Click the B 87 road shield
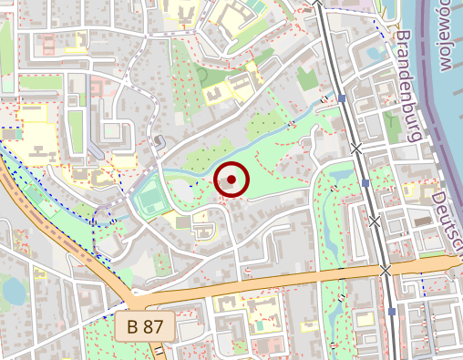click(x=145, y=324)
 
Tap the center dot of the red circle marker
click(x=231, y=180)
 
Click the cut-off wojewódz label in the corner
click(x=448, y=36)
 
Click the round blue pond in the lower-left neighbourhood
click(x=14, y=291)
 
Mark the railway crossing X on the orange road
click(x=386, y=270)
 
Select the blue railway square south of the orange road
click(x=391, y=312)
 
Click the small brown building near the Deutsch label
click(x=422, y=220)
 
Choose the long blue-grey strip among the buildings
click(x=95, y=149)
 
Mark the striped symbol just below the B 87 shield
click(x=160, y=350)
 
